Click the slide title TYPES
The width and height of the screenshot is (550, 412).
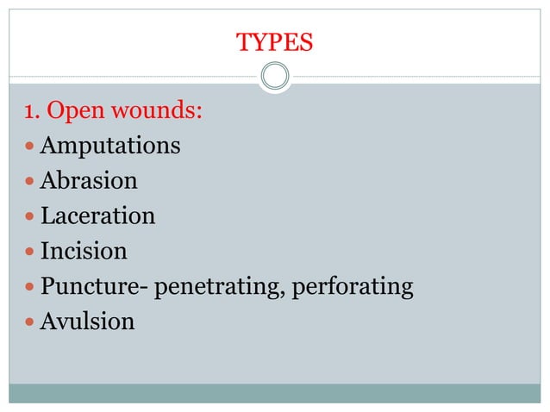click(275, 41)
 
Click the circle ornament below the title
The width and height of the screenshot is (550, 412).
click(275, 77)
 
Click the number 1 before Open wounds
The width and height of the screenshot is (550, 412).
click(30, 111)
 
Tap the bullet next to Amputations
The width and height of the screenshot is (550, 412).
click(30, 147)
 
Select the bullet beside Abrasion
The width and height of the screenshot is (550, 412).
click(30, 182)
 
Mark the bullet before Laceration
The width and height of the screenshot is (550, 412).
click(30, 216)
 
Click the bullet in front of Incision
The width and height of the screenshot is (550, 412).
click(30, 252)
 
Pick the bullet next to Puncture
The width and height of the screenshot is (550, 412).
click(30, 287)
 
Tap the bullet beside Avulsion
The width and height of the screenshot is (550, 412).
click(30, 322)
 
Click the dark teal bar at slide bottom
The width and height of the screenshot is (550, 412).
click(275, 393)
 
